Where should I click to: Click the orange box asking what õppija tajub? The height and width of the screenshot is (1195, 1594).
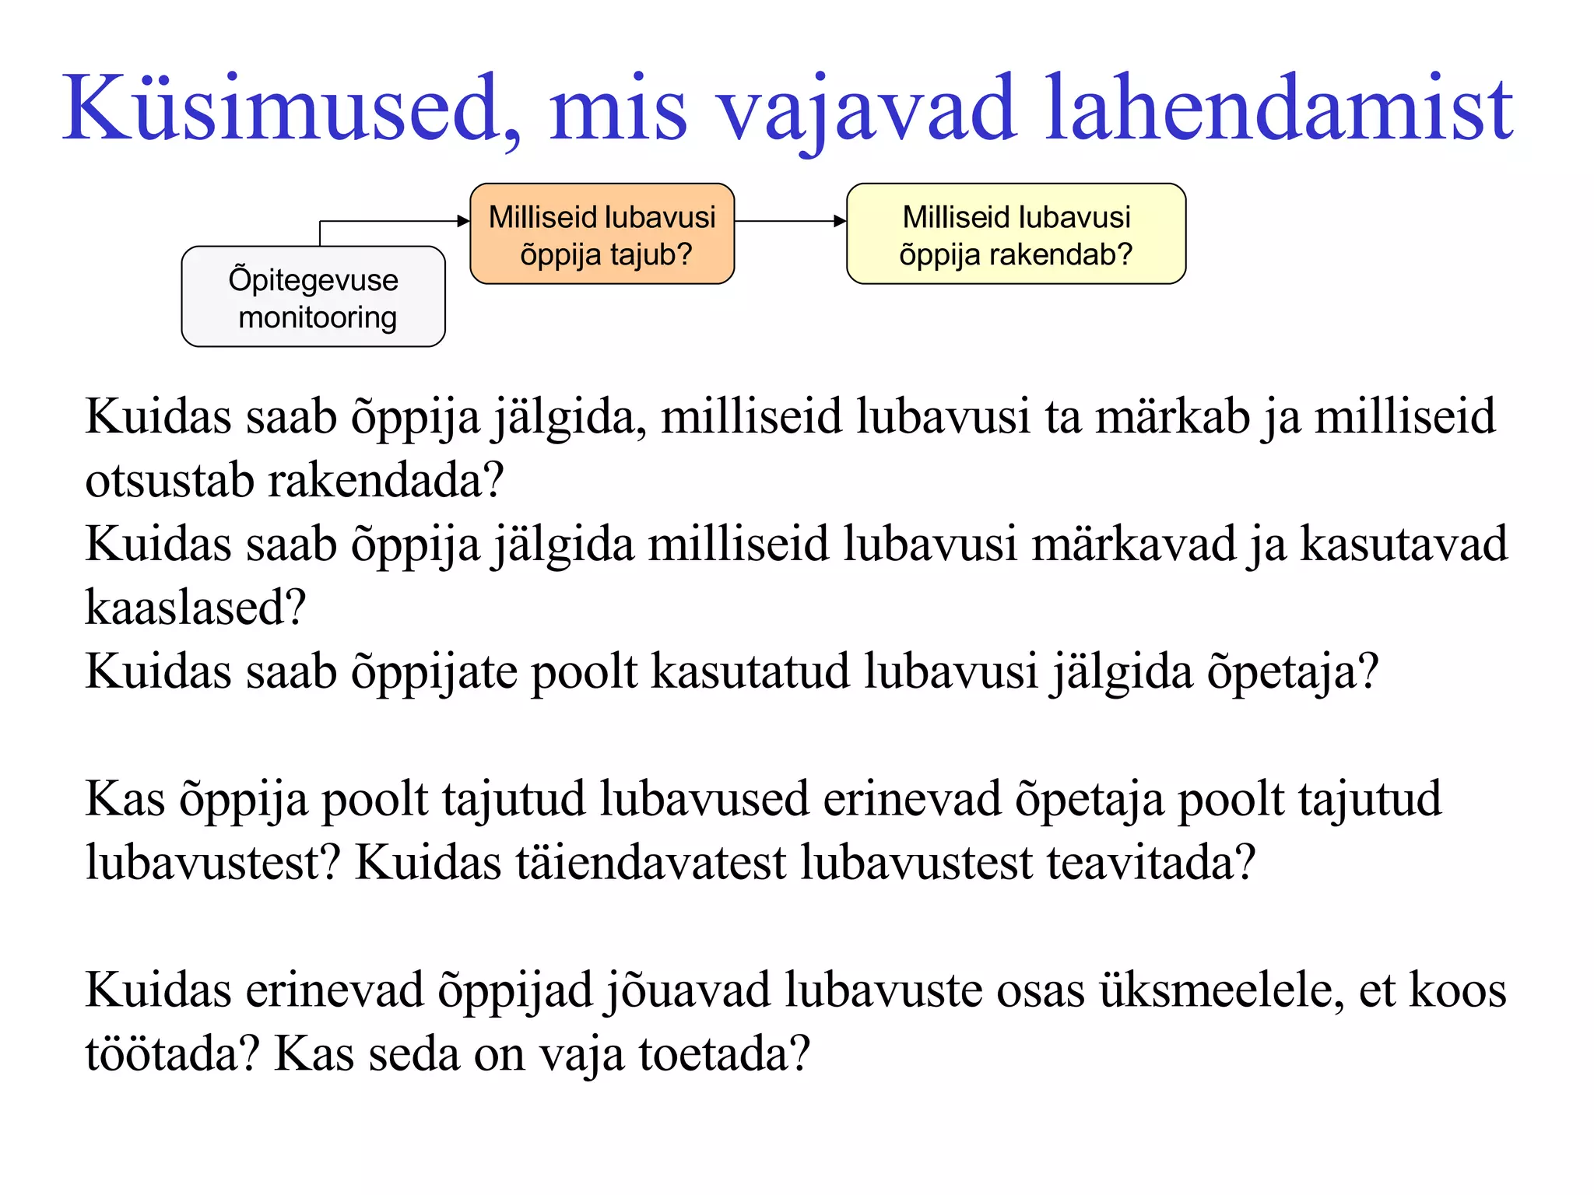(602, 234)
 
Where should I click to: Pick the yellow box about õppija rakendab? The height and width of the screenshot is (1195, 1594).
(1016, 234)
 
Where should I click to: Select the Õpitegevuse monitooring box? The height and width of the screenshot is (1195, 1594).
(313, 297)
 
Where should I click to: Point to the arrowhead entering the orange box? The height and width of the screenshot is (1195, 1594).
(464, 222)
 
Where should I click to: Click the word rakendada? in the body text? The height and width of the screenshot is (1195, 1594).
(386, 481)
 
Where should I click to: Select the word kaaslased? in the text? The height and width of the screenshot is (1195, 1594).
(195, 608)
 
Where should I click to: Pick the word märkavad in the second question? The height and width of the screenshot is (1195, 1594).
(1133, 544)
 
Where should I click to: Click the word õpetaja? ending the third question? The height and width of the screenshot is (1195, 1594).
(1292, 671)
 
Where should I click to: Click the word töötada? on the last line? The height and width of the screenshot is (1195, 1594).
(172, 1054)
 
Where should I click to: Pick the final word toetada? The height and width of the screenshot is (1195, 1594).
(724, 1054)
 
